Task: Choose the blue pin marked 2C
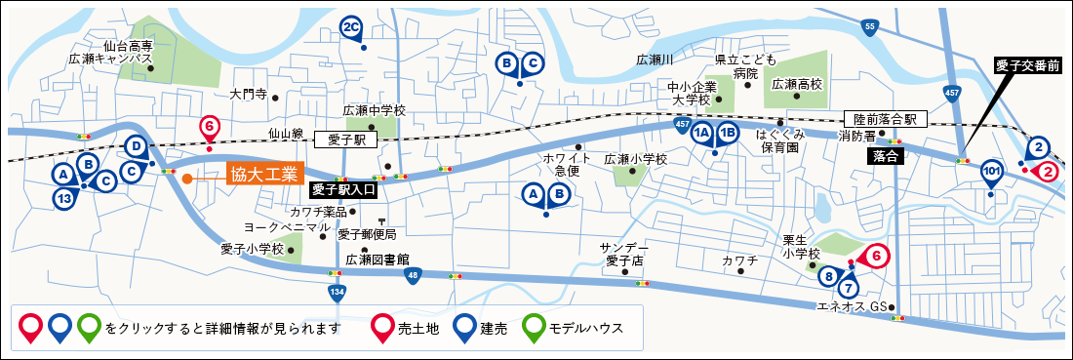click(x=353, y=28)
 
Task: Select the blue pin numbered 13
click(x=64, y=198)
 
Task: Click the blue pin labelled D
click(x=138, y=147)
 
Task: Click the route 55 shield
click(x=870, y=28)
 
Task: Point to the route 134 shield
click(x=337, y=291)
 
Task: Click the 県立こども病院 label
click(x=745, y=66)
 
